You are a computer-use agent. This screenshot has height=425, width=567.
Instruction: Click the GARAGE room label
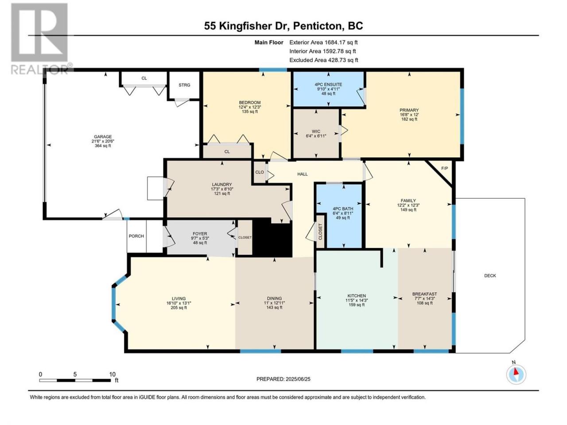click(103, 137)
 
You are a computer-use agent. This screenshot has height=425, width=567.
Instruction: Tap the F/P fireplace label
click(444, 169)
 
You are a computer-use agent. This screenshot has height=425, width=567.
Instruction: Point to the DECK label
click(490, 276)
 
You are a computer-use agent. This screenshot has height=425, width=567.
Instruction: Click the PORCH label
click(136, 236)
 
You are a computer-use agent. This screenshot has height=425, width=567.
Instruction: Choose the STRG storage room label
click(184, 85)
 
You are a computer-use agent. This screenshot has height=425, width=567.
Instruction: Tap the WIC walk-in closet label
click(316, 131)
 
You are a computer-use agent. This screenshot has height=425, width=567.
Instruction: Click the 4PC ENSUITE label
click(328, 85)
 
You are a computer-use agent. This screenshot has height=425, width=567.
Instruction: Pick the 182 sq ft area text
click(409, 119)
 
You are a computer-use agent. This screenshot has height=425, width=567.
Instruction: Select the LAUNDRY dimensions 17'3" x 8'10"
click(222, 189)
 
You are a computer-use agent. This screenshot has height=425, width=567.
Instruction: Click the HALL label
click(303, 174)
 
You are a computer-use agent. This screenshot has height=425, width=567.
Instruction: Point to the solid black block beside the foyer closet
click(272, 237)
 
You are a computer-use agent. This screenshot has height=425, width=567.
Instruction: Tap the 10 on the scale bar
click(112, 374)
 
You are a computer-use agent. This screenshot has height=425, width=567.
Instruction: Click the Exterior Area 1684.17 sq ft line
click(323, 42)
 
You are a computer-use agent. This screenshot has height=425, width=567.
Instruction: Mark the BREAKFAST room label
click(425, 294)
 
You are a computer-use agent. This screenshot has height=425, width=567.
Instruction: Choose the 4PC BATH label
click(343, 209)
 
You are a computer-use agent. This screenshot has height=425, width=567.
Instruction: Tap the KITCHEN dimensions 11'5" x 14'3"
click(357, 300)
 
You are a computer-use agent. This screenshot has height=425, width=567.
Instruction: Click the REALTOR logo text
click(40, 69)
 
